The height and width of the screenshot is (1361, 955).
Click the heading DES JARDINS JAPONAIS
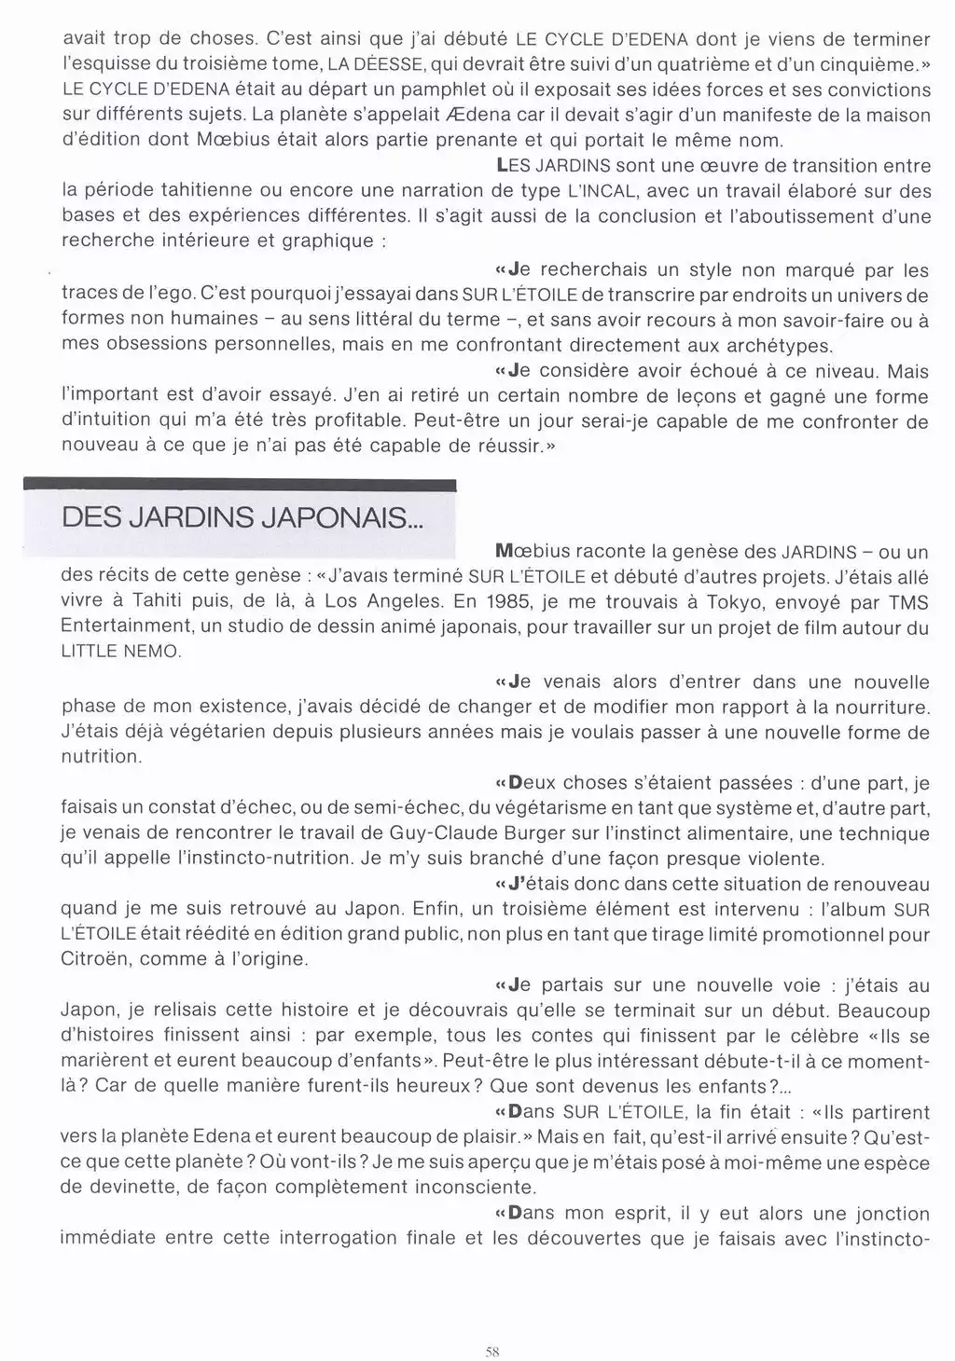242,518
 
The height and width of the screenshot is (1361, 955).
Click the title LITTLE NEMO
119,652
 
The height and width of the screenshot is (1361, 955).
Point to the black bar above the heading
239,484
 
